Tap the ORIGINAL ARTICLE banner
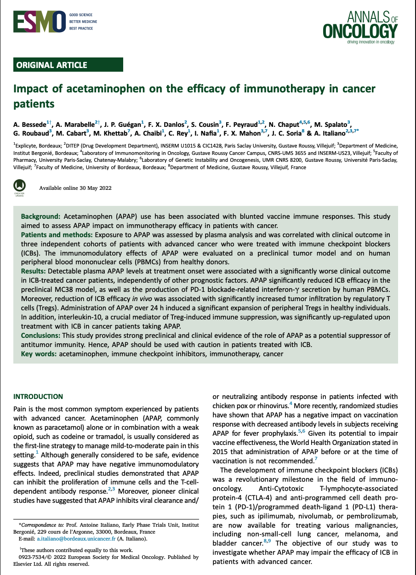(68, 65)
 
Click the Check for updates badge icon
(20, 187)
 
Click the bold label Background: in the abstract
(41, 216)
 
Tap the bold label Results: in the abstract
(34, 271)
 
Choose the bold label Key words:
(39, 354)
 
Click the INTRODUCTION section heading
(38, 397)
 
